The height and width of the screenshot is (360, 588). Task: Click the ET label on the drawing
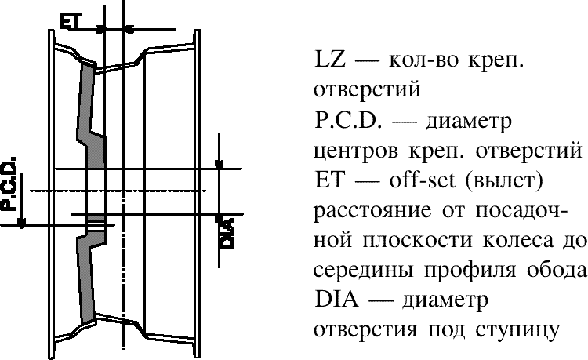[69, 20]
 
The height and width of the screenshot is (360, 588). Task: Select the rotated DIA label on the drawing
[227, 233]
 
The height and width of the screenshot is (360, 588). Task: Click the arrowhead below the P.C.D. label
[22, 223]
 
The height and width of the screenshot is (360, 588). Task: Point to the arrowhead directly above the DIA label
[219, 217]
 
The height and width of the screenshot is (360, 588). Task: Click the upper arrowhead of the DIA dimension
[219, 164]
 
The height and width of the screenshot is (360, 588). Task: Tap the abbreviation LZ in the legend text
[329, 60]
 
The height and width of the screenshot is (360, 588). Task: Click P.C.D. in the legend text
[348, 120]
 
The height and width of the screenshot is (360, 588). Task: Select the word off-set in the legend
[423, 180]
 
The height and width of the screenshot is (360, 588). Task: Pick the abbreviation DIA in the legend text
[336, 300]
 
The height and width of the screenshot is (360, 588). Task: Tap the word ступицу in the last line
[517, 331]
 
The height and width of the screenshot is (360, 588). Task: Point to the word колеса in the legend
[517, 240]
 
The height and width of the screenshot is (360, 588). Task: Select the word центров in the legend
[355, 151]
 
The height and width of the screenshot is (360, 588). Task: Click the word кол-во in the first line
[423, 60]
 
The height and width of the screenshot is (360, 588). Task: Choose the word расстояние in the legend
[372, 211]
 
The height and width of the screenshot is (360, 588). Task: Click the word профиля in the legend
[470, 271]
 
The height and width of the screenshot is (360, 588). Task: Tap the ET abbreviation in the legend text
[329, 180]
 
